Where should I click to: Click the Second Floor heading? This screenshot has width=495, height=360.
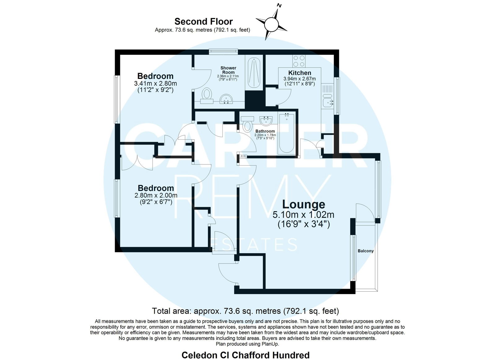tap(204, 22)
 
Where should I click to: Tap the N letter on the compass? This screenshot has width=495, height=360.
tap(279, 6)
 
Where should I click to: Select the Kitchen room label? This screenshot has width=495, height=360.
tap(299, 73)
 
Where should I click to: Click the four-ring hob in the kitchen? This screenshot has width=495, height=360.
tap(299, 61)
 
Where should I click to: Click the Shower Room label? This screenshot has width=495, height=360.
tap(228, 70)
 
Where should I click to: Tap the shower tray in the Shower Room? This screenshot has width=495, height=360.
tap(254, 73)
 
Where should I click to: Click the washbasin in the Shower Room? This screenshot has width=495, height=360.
tap(226, 99)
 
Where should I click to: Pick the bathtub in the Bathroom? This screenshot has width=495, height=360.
tap(286, 133)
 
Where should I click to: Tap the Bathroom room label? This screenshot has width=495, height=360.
tap(265, 131)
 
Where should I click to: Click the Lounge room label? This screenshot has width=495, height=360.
tap(303, 204)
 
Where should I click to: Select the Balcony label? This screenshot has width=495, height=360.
tap(365, 251)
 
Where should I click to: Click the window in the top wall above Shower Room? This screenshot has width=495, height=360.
tap(223, 52)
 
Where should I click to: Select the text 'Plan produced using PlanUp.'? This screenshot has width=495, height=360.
tap(247, 344)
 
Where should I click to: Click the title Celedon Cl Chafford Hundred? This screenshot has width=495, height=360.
tap(246, 355)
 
